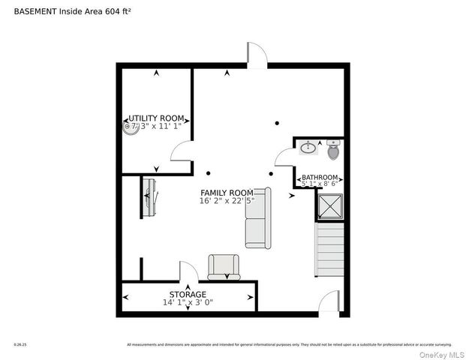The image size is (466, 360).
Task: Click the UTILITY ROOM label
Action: [156, 118]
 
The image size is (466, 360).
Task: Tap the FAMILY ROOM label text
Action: [227, 193]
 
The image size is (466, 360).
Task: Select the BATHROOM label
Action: [320, 178]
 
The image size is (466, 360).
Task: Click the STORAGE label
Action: [188, 295]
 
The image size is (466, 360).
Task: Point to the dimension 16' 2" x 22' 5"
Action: [227, 201]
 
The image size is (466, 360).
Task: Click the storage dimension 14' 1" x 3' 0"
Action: [188, 303]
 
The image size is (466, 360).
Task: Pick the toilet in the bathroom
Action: [333, 151]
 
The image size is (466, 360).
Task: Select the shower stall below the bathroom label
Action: [329, 205]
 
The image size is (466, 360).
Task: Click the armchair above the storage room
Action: [224, 266]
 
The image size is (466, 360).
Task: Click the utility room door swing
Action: [182, 152]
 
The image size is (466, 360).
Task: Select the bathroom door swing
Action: [284, 156]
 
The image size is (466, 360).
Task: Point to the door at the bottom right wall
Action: [329, 302]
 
